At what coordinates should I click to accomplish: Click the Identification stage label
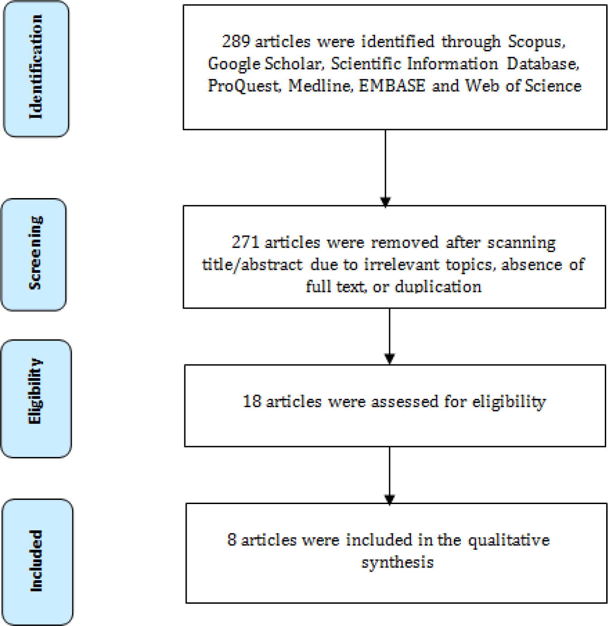pos(35,67)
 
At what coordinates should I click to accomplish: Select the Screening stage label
pos(35,252)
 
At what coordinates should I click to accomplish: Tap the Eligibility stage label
pos(35,391)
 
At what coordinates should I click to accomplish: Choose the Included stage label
pos(36,561)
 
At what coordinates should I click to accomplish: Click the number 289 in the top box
pos(236,42)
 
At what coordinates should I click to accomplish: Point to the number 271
pos(246,243)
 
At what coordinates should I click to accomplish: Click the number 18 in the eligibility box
pos(252,402)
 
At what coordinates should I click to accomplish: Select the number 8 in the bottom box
pos(232,539)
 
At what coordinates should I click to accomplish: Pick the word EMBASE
pos(391,86)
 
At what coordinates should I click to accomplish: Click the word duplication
pos(438,287)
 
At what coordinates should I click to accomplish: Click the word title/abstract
pos(252,265)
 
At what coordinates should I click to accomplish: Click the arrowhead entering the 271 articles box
pos(385,202)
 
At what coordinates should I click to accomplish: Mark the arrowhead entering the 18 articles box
pos(389,359)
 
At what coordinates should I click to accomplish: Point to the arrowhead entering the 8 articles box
pos(389,500)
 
